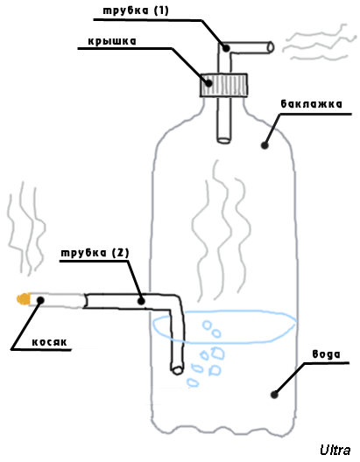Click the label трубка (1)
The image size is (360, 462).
click(x=136, y=10)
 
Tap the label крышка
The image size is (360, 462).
click(x=112, y=41)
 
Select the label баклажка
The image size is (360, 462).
click(x=311, y=104)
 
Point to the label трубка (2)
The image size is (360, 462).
click(x=95, y=253)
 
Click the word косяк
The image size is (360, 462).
click(x=50, y=342)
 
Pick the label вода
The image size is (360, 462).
click(x=326, y=353)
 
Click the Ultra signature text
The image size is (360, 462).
click(x=335, y=451)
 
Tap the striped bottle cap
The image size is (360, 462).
click(x=223, y=85)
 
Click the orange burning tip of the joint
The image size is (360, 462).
click(x=24, y=298)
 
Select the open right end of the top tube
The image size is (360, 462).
click(x=271, y=47)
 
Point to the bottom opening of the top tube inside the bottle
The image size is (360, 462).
click(x=223, y=140)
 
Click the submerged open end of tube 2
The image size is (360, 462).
click(x=177, y=370)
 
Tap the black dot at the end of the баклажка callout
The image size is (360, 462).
click(x=265, y=145)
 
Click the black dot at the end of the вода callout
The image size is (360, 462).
click(x=274, y=395)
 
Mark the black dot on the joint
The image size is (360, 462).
click(x=40, y=300)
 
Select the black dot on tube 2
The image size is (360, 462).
click(x=141, y=301)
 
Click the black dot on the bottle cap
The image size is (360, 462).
click(x=208, y=83)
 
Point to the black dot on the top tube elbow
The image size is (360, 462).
click(x=226, y=48)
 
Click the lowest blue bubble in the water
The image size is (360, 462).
click(x=193, y=382)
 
